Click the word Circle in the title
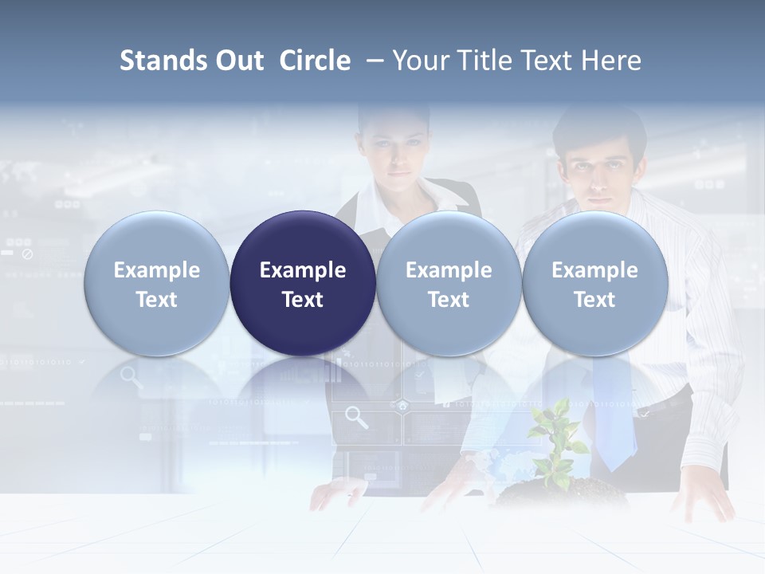(315, 61)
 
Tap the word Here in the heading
(611, 61)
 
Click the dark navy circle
(303, 283)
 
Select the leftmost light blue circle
(157, 283)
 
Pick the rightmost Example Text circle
(594, 283)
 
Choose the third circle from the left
(449, 283)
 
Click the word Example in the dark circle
(303, 270)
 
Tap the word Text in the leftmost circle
(157, 300)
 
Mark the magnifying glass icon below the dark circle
(356, 417)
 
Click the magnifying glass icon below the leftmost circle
(131, 376)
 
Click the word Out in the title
(238, 61)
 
